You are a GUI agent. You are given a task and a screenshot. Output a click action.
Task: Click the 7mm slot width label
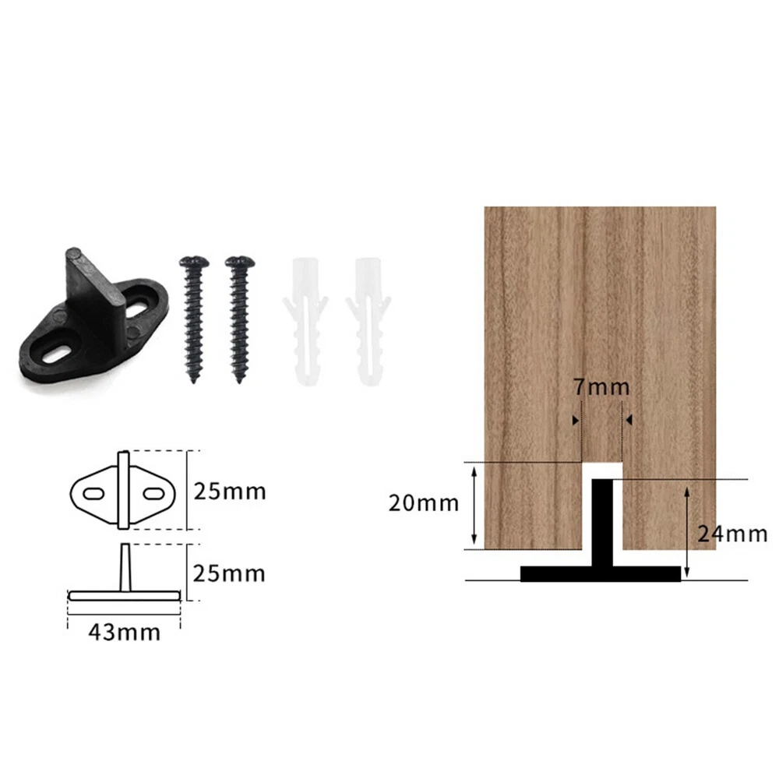tap(601, 387)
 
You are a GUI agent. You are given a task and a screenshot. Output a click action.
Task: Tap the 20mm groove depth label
tap(424, 503)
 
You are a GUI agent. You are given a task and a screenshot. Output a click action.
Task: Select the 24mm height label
tap(732, 534)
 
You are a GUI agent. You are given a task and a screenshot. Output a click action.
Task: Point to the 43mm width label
tap(124, 633)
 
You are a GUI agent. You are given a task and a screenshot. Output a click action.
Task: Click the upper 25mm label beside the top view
tap(230, 492)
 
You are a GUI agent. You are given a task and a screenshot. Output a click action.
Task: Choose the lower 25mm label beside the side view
tap(229, 574)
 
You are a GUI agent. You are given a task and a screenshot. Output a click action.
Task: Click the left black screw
tap(194, 319)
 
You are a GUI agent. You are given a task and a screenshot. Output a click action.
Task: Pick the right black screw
tap(239, 319)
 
